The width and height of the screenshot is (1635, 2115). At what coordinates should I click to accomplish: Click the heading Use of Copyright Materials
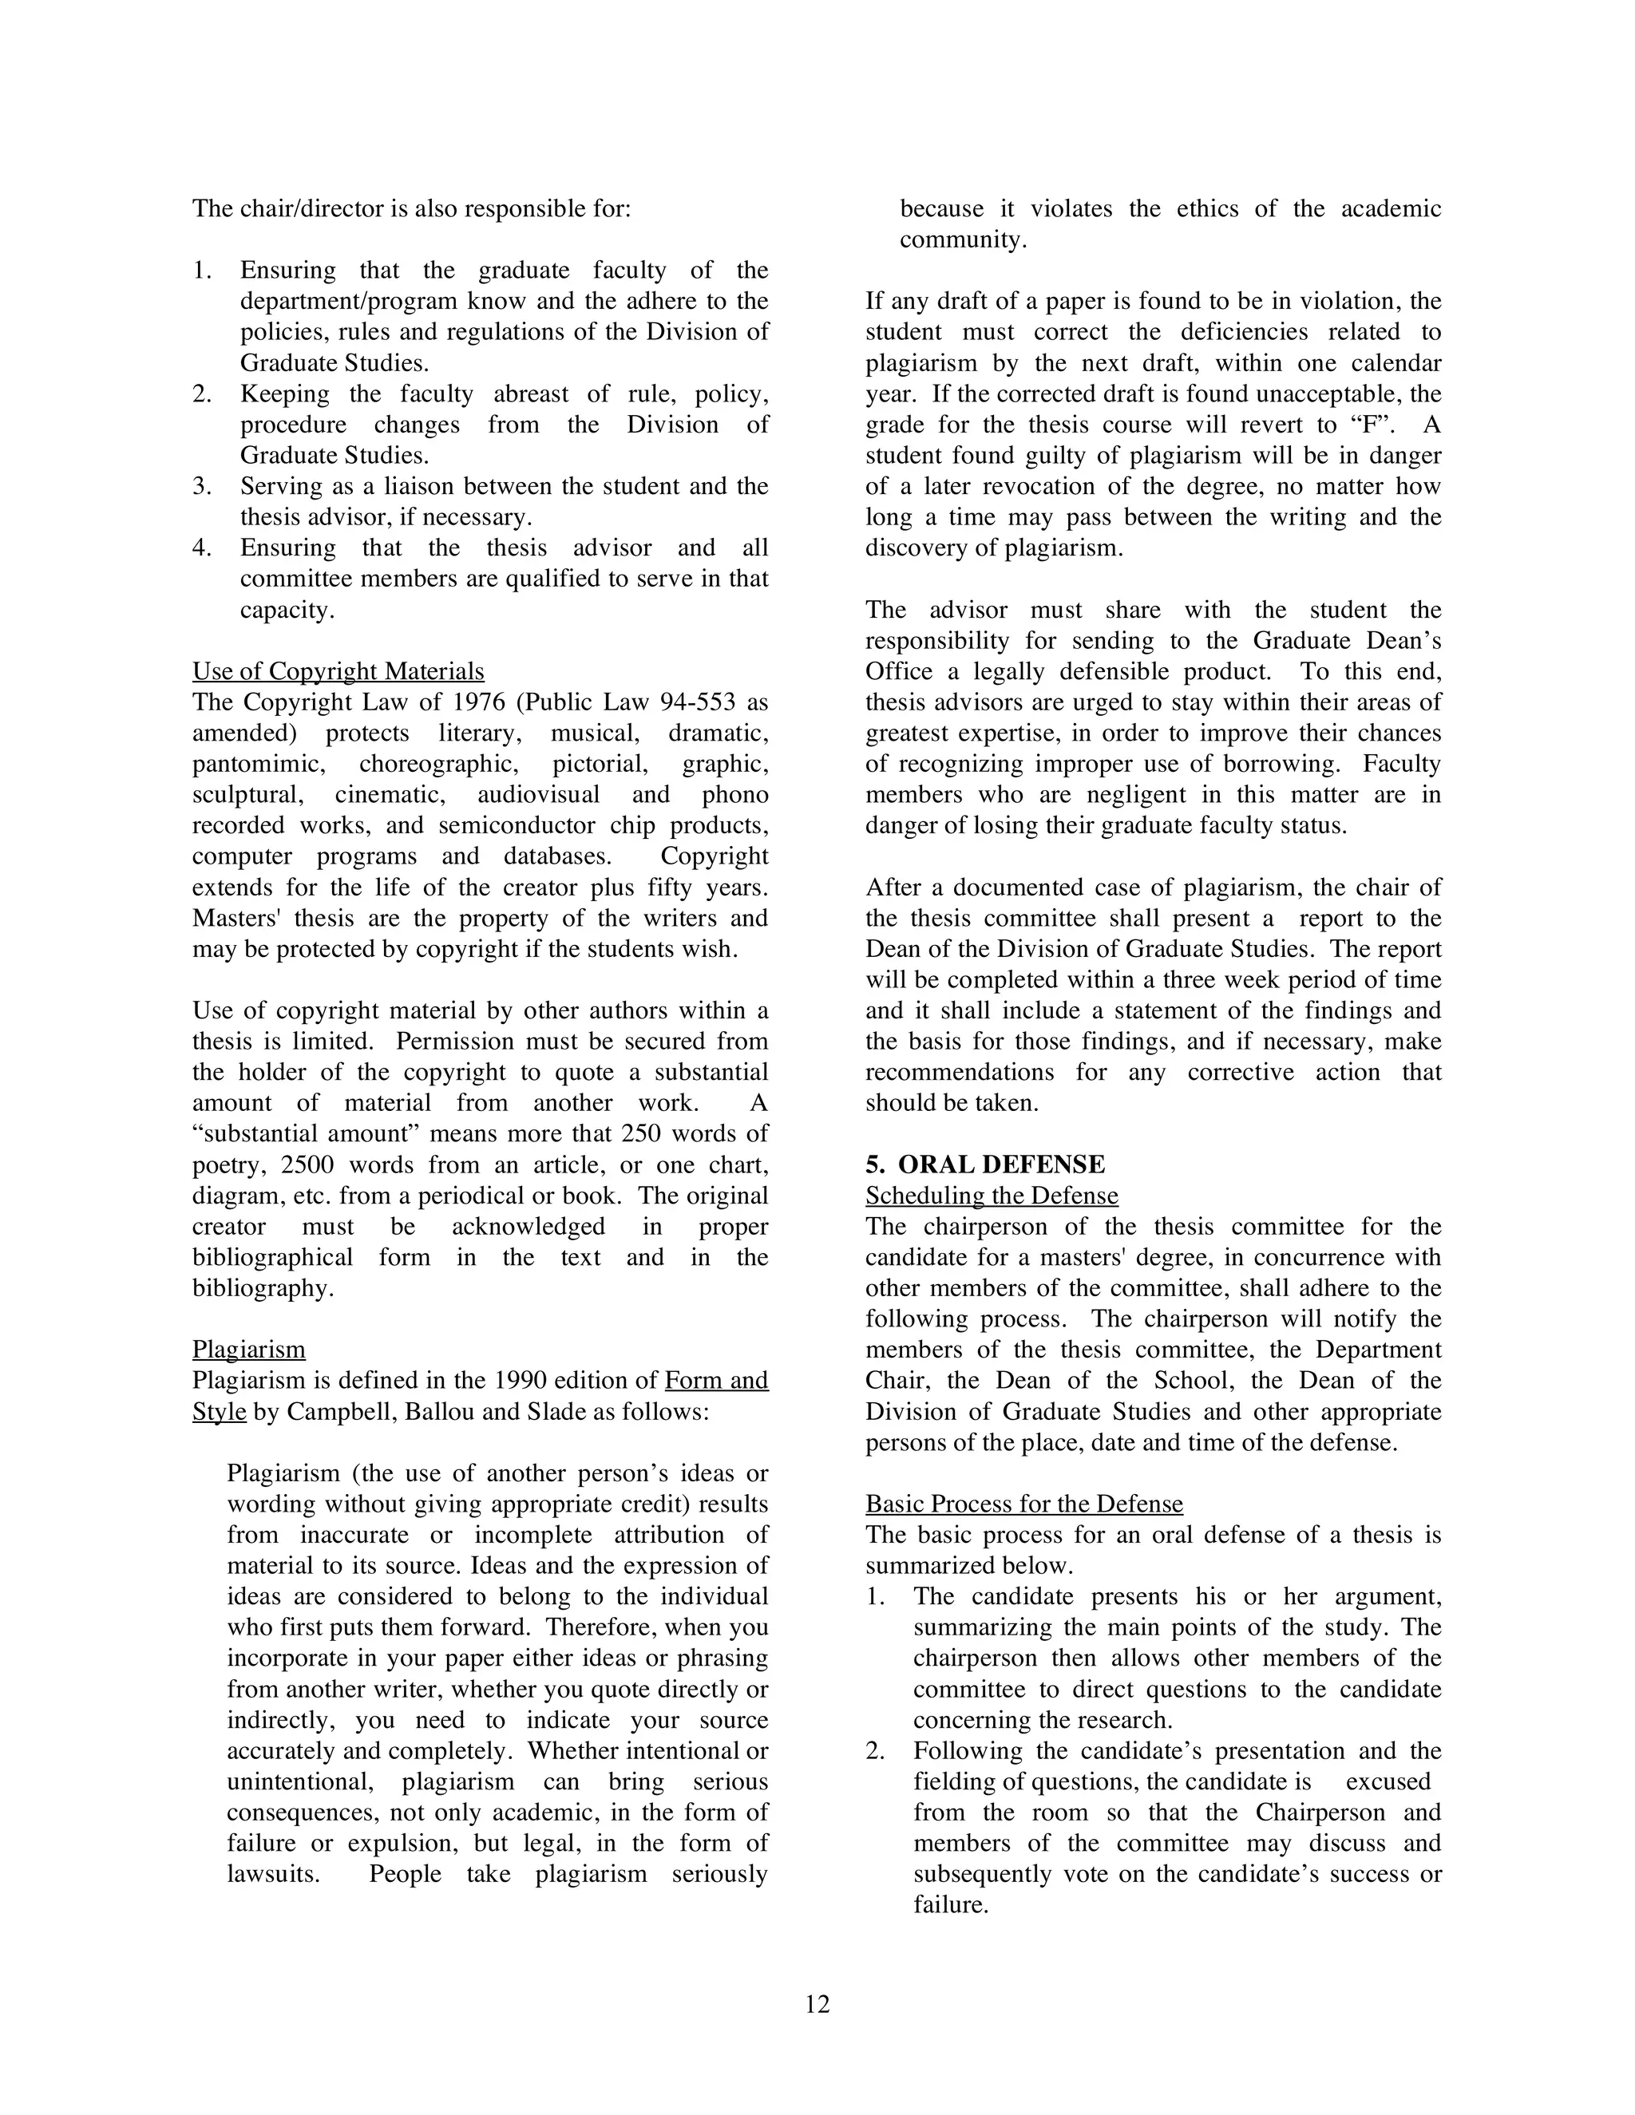[338, 671]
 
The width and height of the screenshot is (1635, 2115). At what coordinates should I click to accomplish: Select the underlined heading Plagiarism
[249, 1349]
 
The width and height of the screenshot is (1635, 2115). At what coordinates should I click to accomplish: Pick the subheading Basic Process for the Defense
[1023, 1504]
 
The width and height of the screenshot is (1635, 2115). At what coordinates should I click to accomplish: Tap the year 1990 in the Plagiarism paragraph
[524, 1380]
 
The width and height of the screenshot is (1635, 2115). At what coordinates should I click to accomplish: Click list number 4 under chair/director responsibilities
[200, 548]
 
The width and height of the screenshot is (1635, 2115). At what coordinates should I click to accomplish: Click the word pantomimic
[259, 764]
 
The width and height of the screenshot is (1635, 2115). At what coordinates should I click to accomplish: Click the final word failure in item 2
[949, 1905]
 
